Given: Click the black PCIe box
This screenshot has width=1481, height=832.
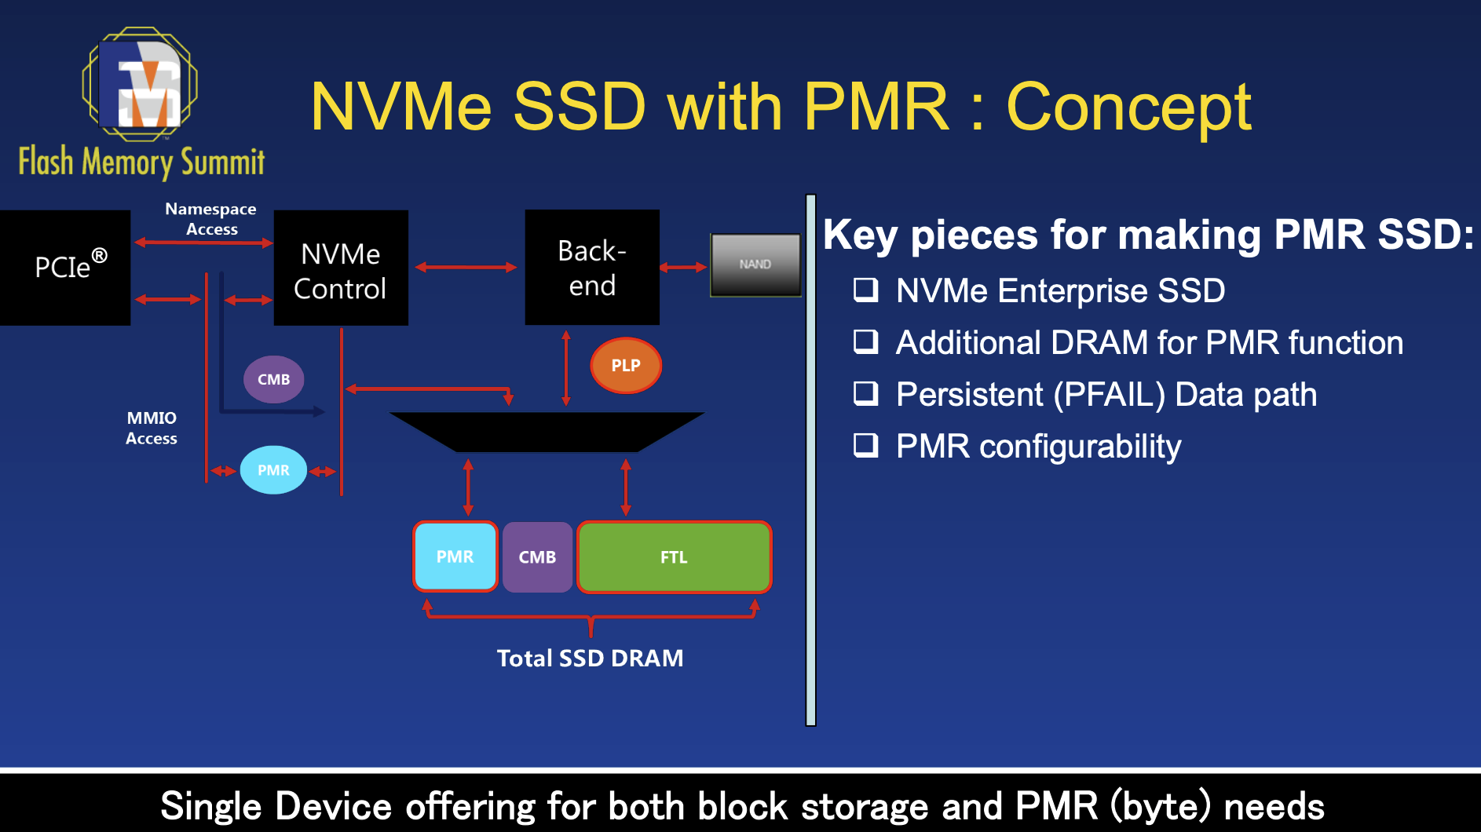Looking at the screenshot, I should [x=64, y=267].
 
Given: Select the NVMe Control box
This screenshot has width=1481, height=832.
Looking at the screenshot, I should [x=340, y=268].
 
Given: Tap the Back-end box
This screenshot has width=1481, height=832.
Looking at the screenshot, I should [x=591, y=267].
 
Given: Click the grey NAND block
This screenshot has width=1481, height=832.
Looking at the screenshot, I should [x=755, y=265].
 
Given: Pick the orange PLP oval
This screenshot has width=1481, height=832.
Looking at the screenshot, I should [x=625, y=365].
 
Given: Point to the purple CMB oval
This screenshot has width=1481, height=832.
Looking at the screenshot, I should [x=273, y=379].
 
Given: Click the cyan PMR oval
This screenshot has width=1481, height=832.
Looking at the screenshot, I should [x=273, y=470].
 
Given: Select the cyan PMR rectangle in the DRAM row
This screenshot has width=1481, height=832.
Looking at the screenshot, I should [x=455, y=556].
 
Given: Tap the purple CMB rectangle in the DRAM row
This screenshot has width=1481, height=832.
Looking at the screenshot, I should [x=537, y=557].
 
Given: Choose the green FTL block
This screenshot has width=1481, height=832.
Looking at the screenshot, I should [x=674, y=557].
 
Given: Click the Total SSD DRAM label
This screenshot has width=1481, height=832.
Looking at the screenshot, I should [x=590, y=658].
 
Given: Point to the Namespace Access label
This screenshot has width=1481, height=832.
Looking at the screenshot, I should [x=210, y=219].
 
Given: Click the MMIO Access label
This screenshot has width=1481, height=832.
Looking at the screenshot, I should [x=152, y=428].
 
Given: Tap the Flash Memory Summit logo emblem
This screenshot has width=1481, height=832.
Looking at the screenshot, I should [x=140, y=84].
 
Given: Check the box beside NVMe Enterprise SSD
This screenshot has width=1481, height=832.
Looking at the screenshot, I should [x=865, y=290].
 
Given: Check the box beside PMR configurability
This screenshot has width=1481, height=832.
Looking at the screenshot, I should [x=865, y=445].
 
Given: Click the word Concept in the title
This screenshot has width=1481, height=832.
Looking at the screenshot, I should [x=1128, y=107].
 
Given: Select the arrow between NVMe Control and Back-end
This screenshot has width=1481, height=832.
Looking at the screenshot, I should [x=466, y=268].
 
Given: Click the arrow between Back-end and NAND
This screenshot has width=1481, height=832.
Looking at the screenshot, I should [x=683, y=268].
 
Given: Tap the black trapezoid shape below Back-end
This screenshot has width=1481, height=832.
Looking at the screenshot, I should [x=547, y=431].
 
